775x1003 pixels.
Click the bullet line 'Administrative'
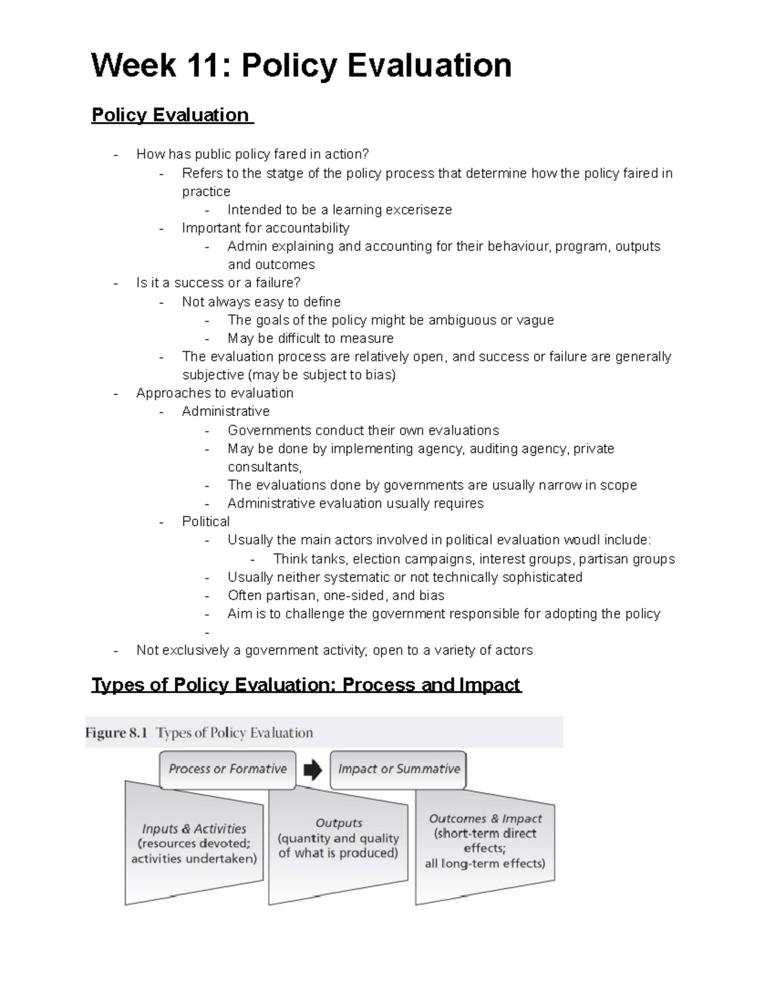pyautogui.click(x=225, y=411)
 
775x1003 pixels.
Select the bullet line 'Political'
pyautogui.click(x=205, y=522)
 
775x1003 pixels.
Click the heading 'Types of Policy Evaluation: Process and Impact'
pyautogui.click(x=305, y=685)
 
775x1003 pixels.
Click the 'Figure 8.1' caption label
pyautogui.click(x=116, y=733)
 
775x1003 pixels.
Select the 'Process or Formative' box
pyautogui.click(x=227, y=769)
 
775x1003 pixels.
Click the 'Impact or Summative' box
pyautogui.click(x=398, y=769)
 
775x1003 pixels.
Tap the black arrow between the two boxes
pyautogui.click(x=313, y=769)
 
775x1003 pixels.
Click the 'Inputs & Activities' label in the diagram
pyautogui.click(x=194, y=829)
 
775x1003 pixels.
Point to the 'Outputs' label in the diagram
pyautogui.click(x=338, y=823)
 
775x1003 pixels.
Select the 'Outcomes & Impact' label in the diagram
pyautogui.click(x=485, y=818)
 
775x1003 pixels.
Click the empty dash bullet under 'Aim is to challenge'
pyautogui.click(x=207, y=633)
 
